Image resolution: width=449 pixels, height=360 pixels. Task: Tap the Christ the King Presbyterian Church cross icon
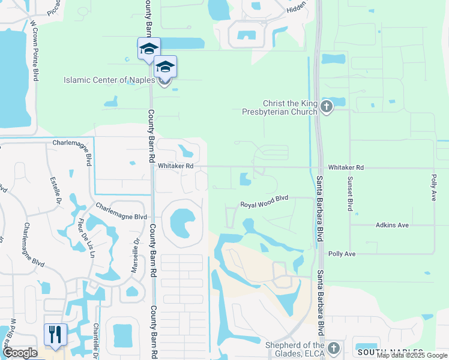[327, 107]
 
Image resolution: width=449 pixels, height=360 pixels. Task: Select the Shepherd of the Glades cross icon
[333, 349]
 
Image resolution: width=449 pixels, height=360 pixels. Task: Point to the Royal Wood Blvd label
[265, 205]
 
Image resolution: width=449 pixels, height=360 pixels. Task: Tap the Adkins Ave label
[392, 225]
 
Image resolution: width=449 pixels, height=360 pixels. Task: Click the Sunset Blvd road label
[349, 193]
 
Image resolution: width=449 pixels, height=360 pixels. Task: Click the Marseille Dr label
[136, 254]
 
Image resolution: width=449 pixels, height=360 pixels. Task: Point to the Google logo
[20, 353]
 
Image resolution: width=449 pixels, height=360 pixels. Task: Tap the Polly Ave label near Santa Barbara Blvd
[341, 254]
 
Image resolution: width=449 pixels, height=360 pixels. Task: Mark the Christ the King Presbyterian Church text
[280, 107]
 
